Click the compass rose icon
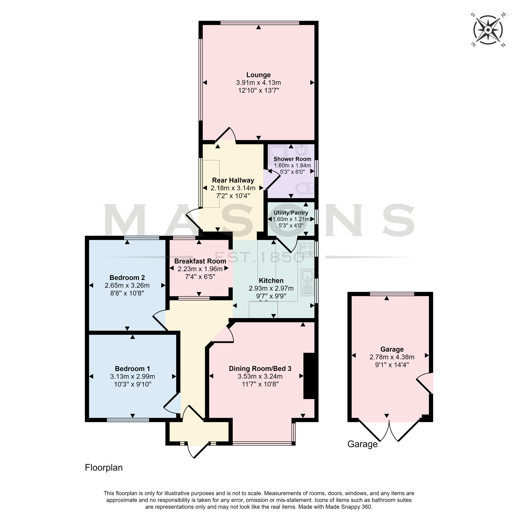(488, 30)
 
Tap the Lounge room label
(258, 75)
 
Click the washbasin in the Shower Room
(302, 149)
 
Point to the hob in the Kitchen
(307, 250)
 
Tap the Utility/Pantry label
(291, 213)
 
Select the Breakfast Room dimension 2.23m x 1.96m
(200, 269)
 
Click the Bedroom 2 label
(127, 278)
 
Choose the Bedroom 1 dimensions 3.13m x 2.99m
(133, 377)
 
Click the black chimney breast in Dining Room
(309, 376)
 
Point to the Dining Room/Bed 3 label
(260, 368)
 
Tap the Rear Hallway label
(233, 180)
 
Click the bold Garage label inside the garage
(392, 349)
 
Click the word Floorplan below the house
(104, 468)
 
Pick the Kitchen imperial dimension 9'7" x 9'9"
(271, 296)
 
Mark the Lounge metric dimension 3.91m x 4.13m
(258, 83)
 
